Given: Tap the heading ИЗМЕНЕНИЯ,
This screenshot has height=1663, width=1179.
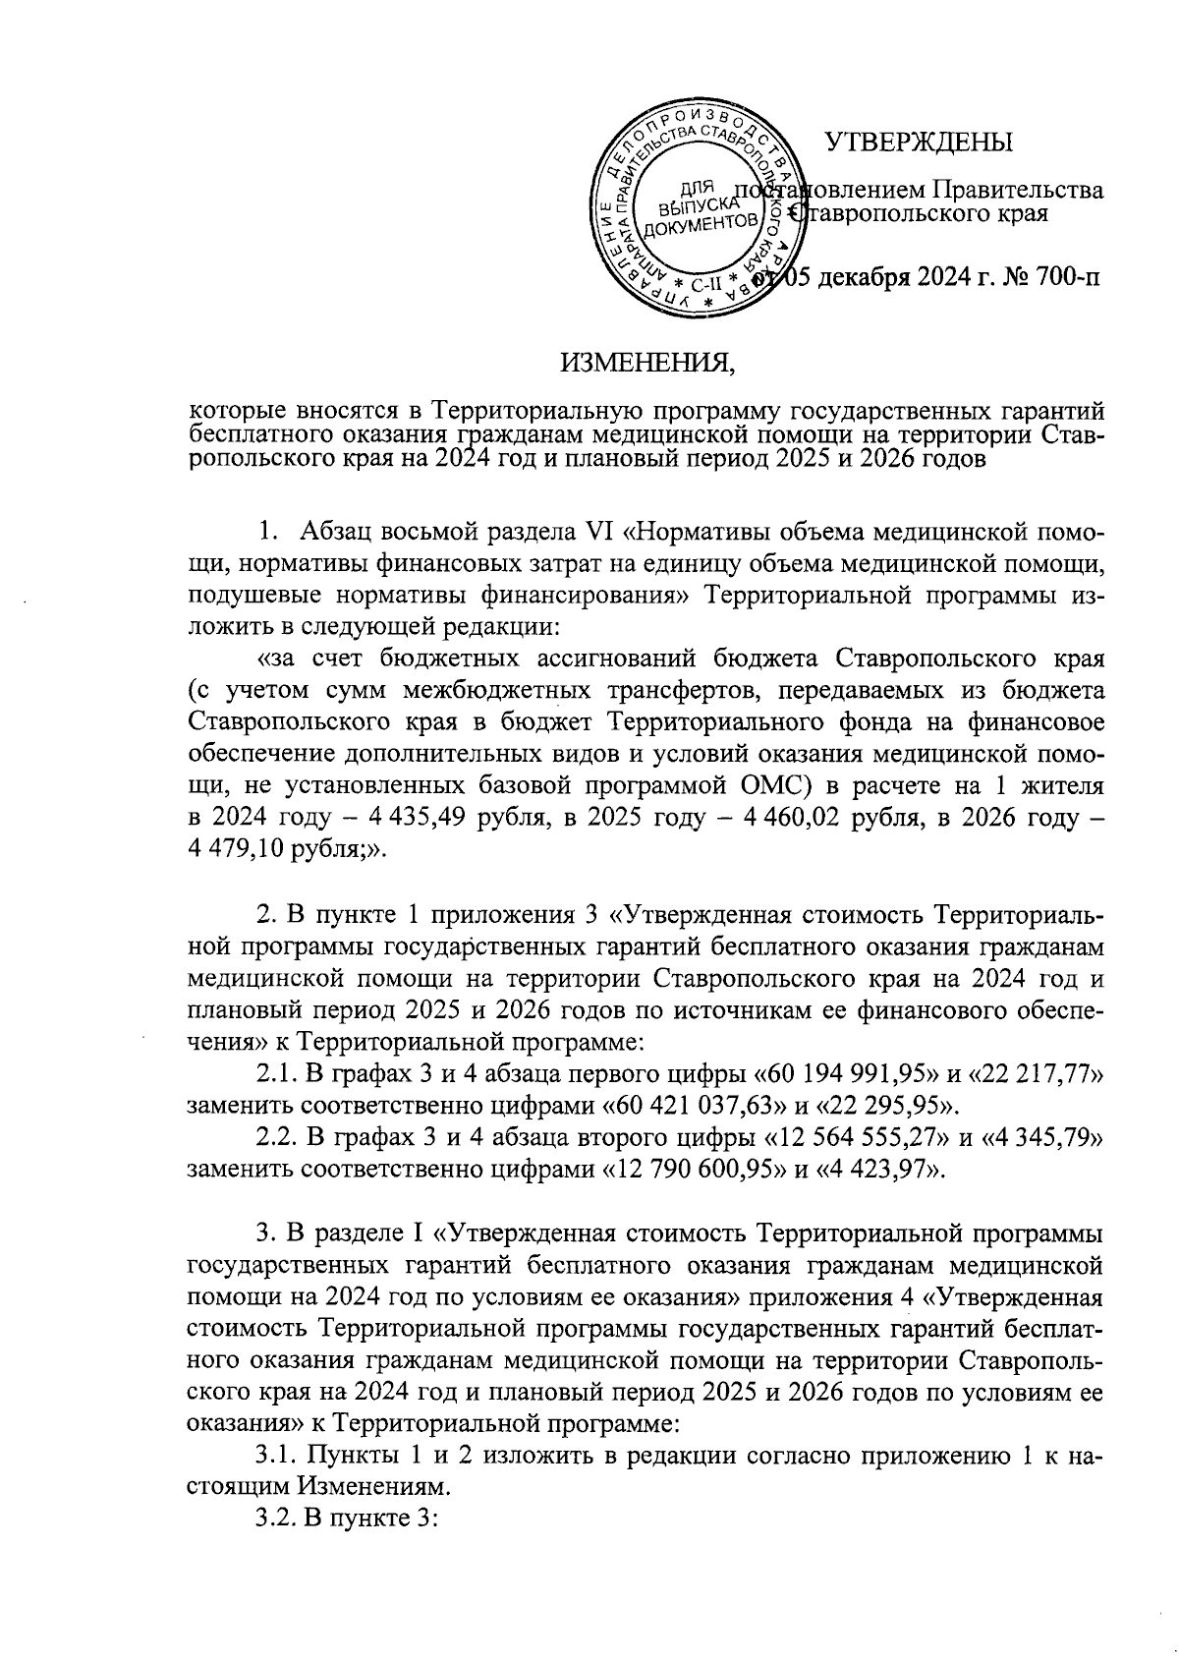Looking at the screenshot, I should click(x=647, y=365).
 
